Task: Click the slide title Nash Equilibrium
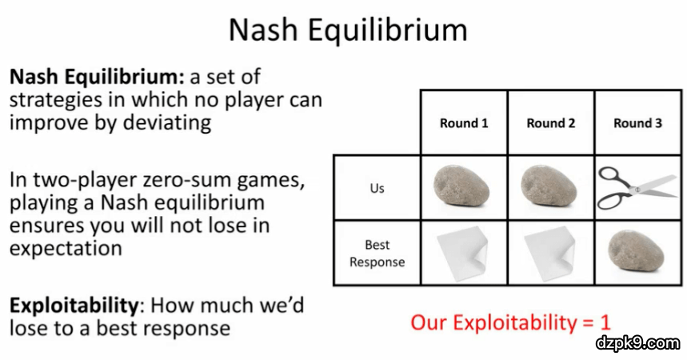click(349, 30)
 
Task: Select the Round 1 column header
click(464, 123)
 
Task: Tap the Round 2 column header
click(551, 123)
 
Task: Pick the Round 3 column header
click(637, 123)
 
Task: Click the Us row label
click(377, 188)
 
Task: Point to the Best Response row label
click(377, 253)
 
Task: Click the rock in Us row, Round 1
click(461, 186)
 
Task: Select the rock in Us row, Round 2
click(549, 186)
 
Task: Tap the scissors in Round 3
click(637, 187)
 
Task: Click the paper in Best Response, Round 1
click(462, 254)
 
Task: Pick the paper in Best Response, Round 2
click(549, 254)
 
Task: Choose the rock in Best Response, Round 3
click(636, 252)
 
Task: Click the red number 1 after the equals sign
click(605, 322)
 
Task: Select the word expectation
click(66, 249)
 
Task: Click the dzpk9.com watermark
click(638, 342)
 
